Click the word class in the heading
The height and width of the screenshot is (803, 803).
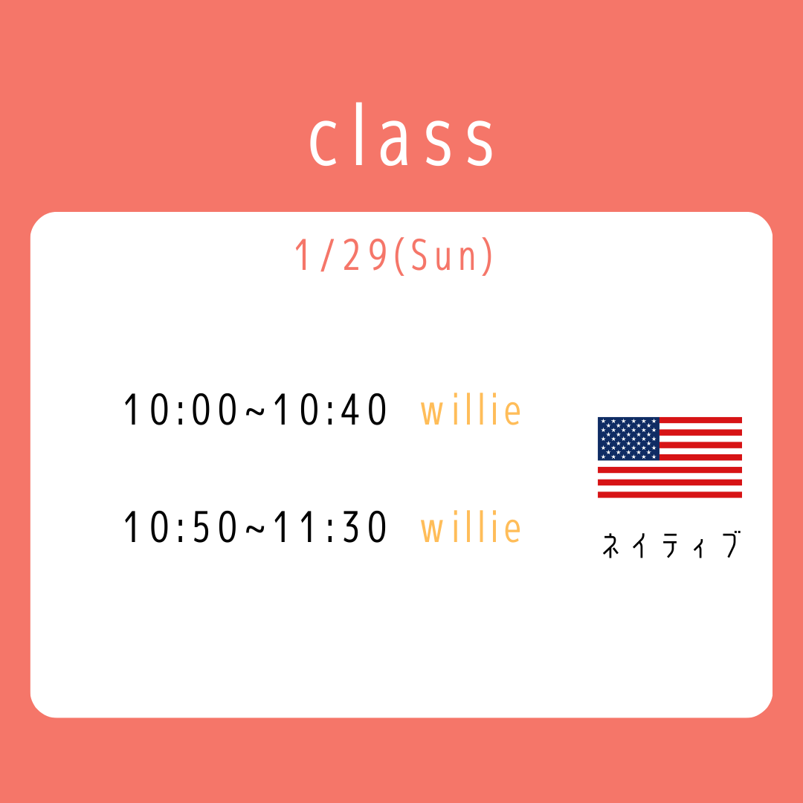tap(401, 135)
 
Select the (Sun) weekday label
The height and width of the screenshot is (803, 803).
tap(444, 256)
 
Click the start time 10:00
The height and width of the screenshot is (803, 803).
tap(181, 410)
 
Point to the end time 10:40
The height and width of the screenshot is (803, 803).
tap(330, 410)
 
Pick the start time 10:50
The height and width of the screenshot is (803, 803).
tap(181, 527)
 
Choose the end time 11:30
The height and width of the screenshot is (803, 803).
tap(330, 527)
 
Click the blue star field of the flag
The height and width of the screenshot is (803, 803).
tap(628, 439)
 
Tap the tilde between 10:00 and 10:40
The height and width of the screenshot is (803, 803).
tap(256, 411)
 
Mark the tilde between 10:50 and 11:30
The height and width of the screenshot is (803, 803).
tap(256, 529)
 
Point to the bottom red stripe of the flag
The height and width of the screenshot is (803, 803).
tap(670, 494)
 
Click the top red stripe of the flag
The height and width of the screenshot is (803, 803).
tap(700, 420)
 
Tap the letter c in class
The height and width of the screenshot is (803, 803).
tap(323, 143)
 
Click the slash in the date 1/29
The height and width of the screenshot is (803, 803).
tap(326, 256)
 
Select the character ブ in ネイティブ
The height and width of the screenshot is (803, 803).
tap(733, 544)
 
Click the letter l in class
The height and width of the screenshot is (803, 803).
tap(359, 134)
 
